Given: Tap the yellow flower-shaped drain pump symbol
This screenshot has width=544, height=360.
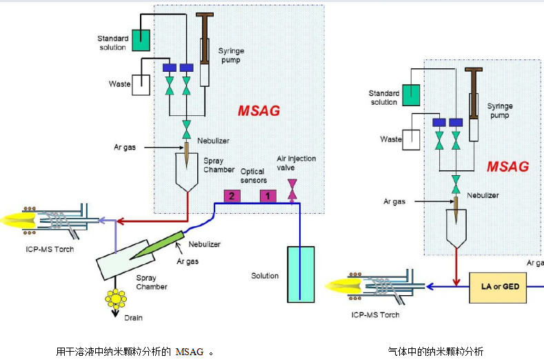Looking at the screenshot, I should point(115,299).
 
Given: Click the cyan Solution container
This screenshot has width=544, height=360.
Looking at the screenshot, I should point(301,274).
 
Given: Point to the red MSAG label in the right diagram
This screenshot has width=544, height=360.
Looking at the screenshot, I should point(507,167).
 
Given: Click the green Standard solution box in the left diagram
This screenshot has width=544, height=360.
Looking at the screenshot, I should point(142,40).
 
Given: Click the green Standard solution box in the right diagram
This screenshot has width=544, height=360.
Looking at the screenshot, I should point(412,94).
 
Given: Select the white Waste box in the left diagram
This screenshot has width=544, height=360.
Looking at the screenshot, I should point(141,84).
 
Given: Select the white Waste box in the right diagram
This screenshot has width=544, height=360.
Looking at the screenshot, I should point(412,139).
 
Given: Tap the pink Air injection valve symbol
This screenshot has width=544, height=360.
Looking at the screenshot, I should point(292,189).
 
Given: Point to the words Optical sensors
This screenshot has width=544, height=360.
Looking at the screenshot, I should point(254,176).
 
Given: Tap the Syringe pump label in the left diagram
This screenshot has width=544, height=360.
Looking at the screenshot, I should point(231,56).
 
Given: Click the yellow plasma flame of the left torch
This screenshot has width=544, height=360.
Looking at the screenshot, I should point(18,220).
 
